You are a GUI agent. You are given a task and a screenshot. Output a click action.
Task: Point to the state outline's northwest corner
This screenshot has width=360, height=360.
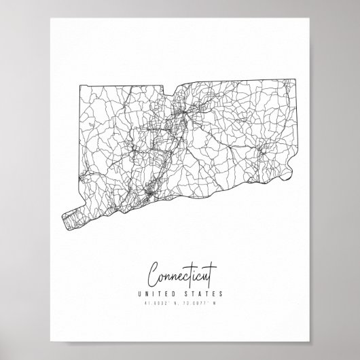[x=79, y=84]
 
